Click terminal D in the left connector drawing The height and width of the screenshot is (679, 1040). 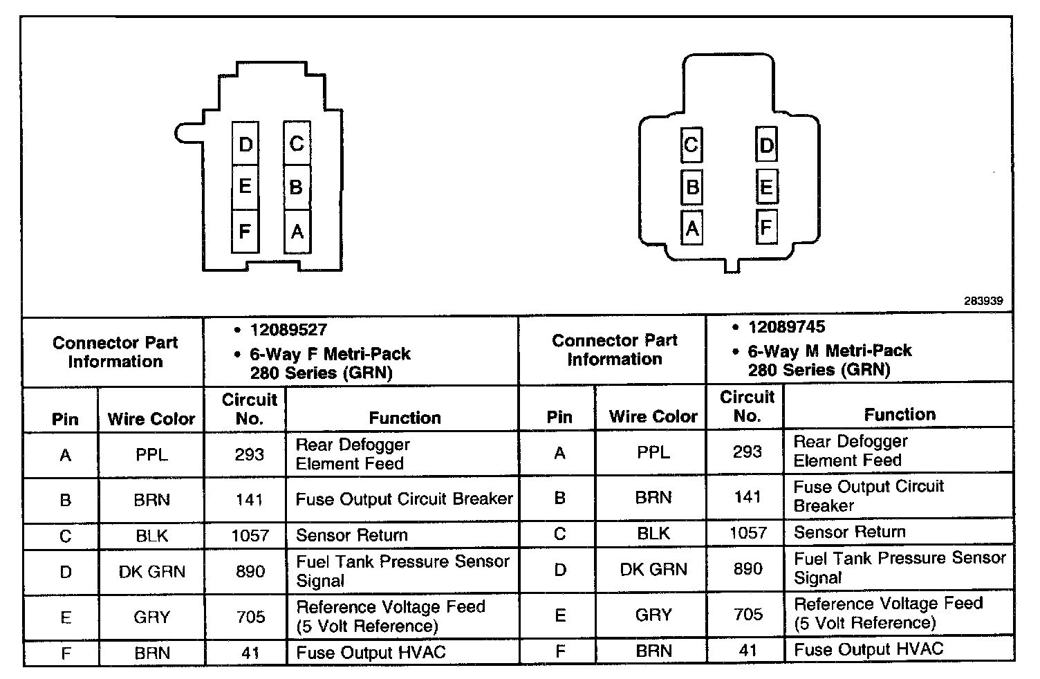pyautogui.click(x=245, y=144)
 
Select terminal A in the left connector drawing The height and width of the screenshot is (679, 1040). pyautogui.click(x=297, y=231)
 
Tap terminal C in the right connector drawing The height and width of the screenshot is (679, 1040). pyautogui.click(x=691, y=146)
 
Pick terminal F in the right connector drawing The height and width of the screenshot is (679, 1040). pyautogui.click(x=766, y=227)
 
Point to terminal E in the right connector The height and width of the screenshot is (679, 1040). pyautogui.click(x=766, y=187)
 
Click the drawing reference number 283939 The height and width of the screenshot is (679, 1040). pyautogui.click(x=983, y=301)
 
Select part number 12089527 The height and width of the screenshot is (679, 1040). pyautogui.click(x=288, y=331)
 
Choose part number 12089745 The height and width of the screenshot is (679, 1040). pyautogui.click(x=786, y=327)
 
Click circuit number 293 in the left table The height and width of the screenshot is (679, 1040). pyautogui.click(x=249, y=455)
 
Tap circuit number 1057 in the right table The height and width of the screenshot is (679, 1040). pyautogui.click(x=748, y=532)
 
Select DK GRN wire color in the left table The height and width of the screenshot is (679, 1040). pyautogui.click(x=152, y=572)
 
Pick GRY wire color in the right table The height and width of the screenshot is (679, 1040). pyautogui.click(x=653, y=614)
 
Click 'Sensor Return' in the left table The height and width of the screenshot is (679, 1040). pyautogui.click(x=351, y=535)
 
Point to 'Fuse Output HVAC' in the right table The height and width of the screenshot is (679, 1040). pyautogui.click(x=869, y=649)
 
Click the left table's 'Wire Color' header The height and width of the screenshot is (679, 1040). pyautogui.click(x=151, y=418)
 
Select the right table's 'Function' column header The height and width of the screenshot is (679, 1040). pyautogui.click(x=900, y=414)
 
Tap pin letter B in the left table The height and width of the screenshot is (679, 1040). pyautogui.click(x=66, y=500)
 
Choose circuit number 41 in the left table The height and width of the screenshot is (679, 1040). pyautogui.click(x=250, y=653)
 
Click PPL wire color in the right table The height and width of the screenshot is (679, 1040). pyautogui.click(x=653, y=452)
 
